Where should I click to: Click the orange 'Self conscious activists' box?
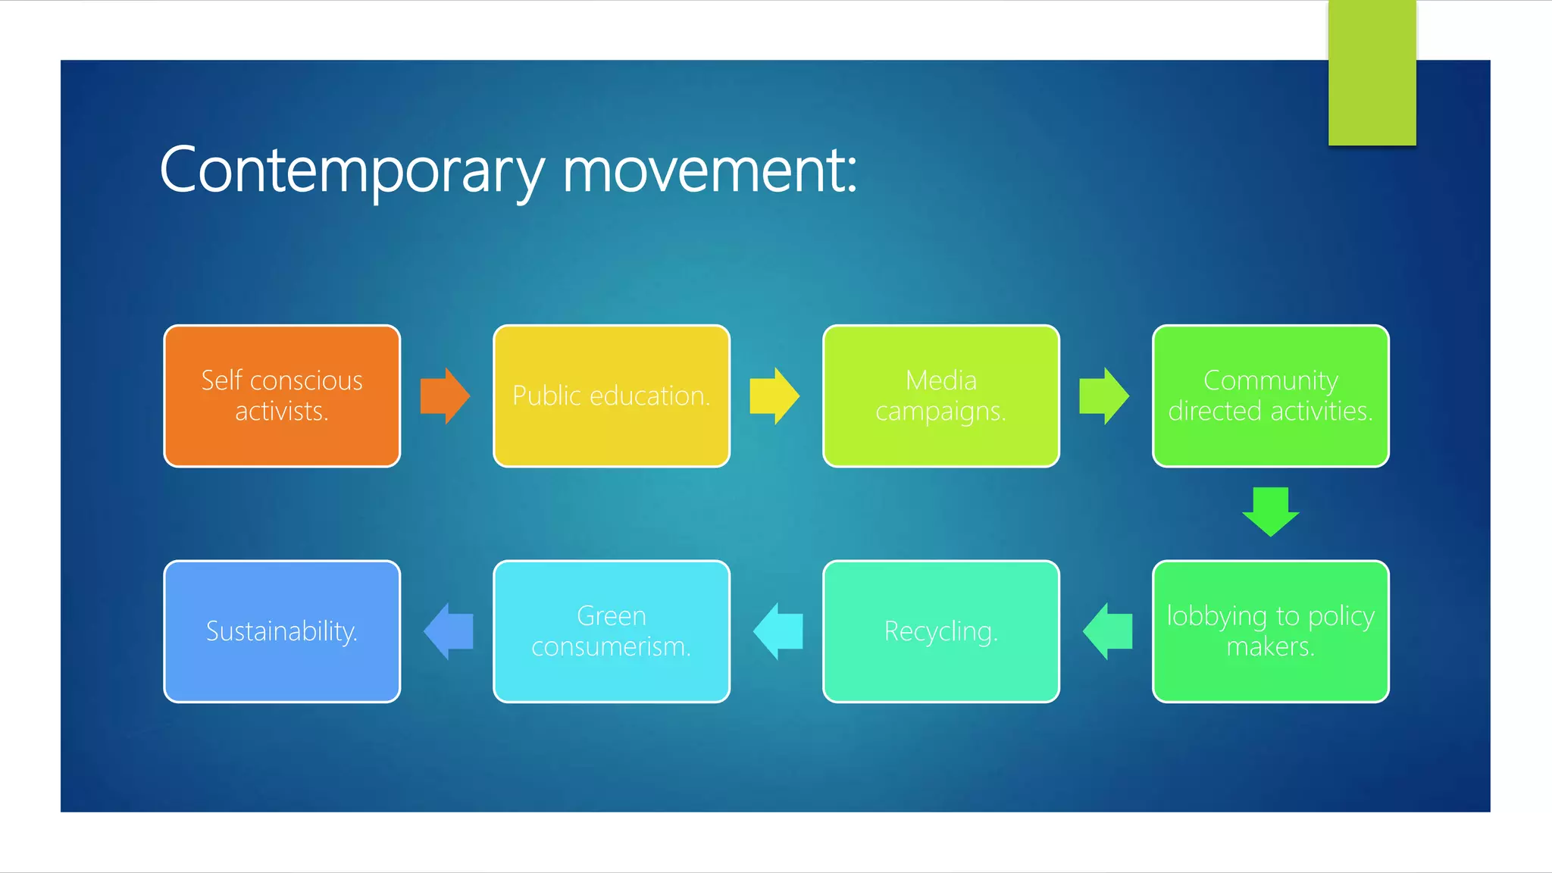click(282, 396)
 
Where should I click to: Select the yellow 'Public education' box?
click(611, 396)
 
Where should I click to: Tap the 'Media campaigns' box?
click(940, 396)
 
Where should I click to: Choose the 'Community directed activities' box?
click(1270, 396)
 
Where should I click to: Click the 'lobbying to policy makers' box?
click(1270, 631)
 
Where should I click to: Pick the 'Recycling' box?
click(940, 631)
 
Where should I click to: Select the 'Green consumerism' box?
click(611, 631)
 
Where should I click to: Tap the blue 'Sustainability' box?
click(282, 631)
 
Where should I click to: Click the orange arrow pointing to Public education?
click(446, 396)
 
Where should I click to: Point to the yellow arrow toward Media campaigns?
click(774, 396)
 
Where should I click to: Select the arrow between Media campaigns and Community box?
click(1104, 396)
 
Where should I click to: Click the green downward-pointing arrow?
click(1270, 512)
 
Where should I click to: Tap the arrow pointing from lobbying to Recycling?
click(1107, 631)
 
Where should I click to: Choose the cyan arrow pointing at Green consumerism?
click(778, 631)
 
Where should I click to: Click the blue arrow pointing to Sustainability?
click(449, 631)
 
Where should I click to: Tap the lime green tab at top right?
click(1372, 73)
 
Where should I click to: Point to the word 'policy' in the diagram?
click(1341, 617)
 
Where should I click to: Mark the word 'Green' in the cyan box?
click(611, 616)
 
